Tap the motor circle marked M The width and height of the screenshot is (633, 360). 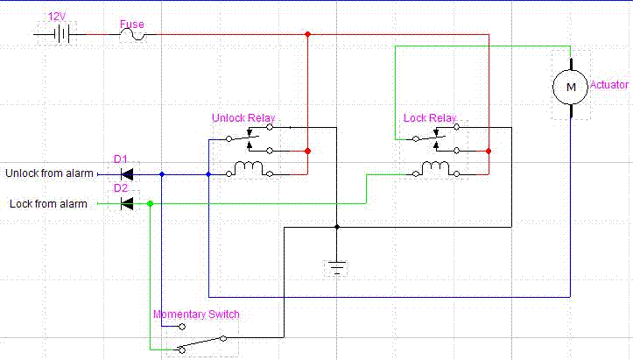(x=571, y=86)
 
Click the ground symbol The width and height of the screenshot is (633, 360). (x=337, y=265)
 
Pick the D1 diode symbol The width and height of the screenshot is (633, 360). (x=127, y=173)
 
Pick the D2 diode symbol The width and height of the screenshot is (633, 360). (x=127, y=204)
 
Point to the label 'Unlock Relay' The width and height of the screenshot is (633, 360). (x=243, y=117)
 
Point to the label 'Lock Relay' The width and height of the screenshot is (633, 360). (x=430, y=117)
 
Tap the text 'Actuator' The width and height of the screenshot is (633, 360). (x=609, y=85)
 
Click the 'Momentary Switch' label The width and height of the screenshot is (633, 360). (x=196, y=314)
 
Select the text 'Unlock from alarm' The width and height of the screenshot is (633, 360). (x=49, y=173)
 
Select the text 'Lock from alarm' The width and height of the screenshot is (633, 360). (x=49, y=204)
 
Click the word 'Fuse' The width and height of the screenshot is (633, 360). (x=131, y=25)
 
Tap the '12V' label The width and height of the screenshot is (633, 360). (x=58, y=17)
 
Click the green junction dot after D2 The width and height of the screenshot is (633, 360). (x=151, y=204)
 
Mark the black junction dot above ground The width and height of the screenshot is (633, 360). (x=337, y=227)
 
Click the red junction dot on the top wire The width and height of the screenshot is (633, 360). (x=307, y=35)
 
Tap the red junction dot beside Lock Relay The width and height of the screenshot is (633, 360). (x=489, y=152)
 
